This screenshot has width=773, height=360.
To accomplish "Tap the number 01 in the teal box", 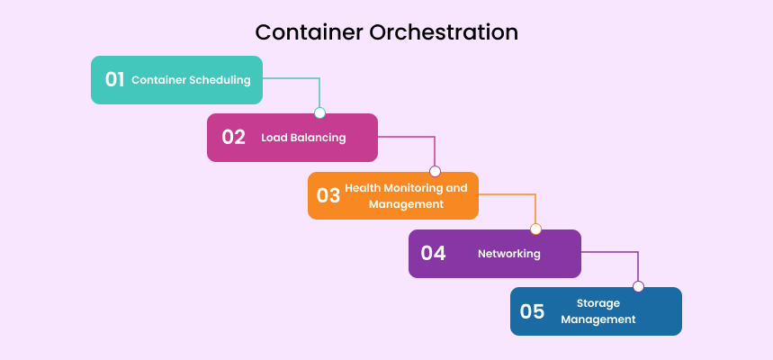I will pyautogui.click(x=114, y=79).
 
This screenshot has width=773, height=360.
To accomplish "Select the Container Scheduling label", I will pyautogui.click(x=191, y=80).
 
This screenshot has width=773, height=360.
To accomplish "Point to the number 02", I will pyautogui.click(x=233, y=138).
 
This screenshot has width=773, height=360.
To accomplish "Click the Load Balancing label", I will pyautogui.click(x=303, y=138).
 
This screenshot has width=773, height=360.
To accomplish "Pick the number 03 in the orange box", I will pyautogui.click(x=328, y=195).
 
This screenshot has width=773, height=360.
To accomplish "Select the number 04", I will pyautogui.click(x=433, y=253).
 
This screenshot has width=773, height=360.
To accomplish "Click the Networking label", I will pyautogui.click(x=509, y=254).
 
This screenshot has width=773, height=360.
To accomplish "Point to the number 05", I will pyautogui.click(x=532, y=311).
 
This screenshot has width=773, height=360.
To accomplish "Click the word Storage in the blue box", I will pyautogui.click(x=598, y=303).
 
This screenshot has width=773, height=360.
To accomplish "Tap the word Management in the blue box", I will pyautogui.click(x=598, y=319).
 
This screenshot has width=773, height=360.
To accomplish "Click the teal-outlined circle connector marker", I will pyautogui.click(x=319, y=113).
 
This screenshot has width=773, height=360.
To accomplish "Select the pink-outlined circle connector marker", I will pyautogui.click(x=435, y=171).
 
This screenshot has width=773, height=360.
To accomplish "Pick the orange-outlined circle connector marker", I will pyautogui.click(x=535, y=229).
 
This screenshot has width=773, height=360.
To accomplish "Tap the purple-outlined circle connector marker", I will pyautogui.click(x=638, y=286).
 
